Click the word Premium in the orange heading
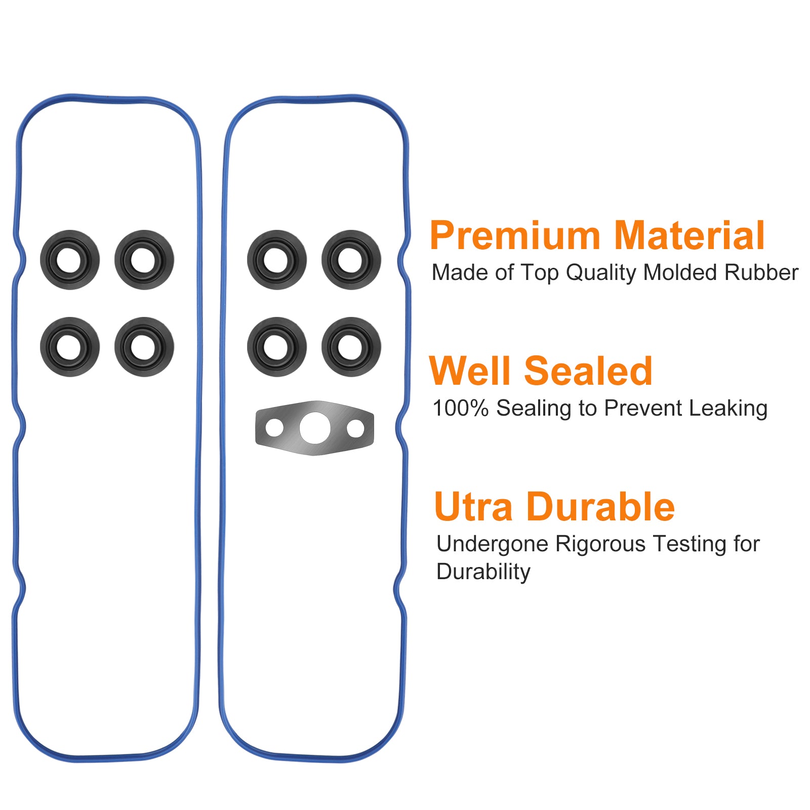pyautogui.click(x=515, y=235)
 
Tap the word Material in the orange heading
pyautogui.click(x=689, y=235)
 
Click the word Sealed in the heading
pyautogui.click(x=588, y=371)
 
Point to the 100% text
pyautogui.click(x=460, y=408)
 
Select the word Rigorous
pyautogui.click(x=600, y=545)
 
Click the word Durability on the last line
pyautogui.click(x=483, y=572)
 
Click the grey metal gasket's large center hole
pyautogui.click(x=315, y=428)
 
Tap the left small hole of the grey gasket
pyautogui.click(x=274, y=428)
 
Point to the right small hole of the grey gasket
pyautogui.click(x=355, y=428)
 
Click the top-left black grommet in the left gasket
pyautogui.click(x=70, y=260)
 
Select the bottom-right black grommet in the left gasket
pyautogui.click(x=144, y=347)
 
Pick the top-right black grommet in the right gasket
pyautogui.click(x=351, y=260)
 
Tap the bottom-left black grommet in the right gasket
pyautogui.click(x=277, y=347)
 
